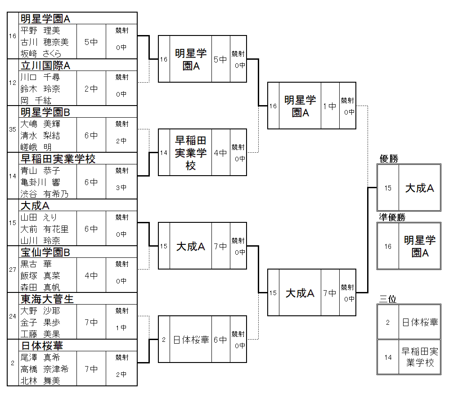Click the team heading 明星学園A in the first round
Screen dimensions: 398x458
pyautogui.click(x=45, y=18)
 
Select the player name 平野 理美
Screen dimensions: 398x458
pyautogui.click(x=40, y=31)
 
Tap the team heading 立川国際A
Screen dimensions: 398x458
pyautogui.click(x=45, y=66)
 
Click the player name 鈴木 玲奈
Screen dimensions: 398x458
pyautogui.click(x=40, y=89)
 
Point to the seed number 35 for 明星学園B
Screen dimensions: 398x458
pyautogui.click(x=13, y=129)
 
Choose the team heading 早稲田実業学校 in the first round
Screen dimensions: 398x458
pyautogui.click(x=58, y=159)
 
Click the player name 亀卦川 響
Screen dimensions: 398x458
pyautogui.click(x=40, y=182)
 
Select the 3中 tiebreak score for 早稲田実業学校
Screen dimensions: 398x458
pyautogui.click(x=121, y=188)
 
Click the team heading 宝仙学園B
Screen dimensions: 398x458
pyautogui.click(x=45, y=252)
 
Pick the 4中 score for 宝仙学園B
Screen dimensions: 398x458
pyautogui.click(x=91, y=276)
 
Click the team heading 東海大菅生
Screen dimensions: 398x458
pyautogui.click(x=47, y=299)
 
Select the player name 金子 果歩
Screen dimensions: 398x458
pyautogui.click(x=40, y=323)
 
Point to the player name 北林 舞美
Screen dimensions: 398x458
pyautogui.click(x=40, y=381)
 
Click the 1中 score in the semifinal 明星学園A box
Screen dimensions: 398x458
pyautogui.click(x=330, y=106)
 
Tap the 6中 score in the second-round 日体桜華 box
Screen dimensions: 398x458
pyautogui.click(x=220, y=340)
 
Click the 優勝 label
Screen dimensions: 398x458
pyautogui.click(x=389, y=159)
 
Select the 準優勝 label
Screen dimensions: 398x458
pyautogui.click(x=392, y=217)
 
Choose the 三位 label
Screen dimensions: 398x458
pyautogui.click(x=388, y=299)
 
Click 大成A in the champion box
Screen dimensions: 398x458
pyautogui.click(x=419, y=188)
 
